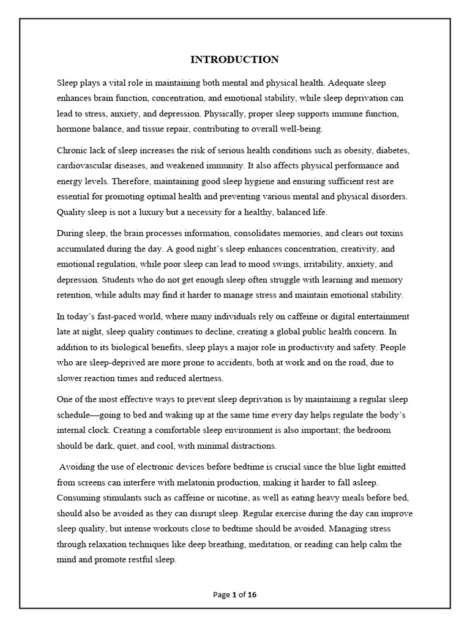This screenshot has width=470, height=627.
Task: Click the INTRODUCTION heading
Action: pos(234,59)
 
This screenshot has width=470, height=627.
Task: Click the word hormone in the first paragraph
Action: pos(75,129)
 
